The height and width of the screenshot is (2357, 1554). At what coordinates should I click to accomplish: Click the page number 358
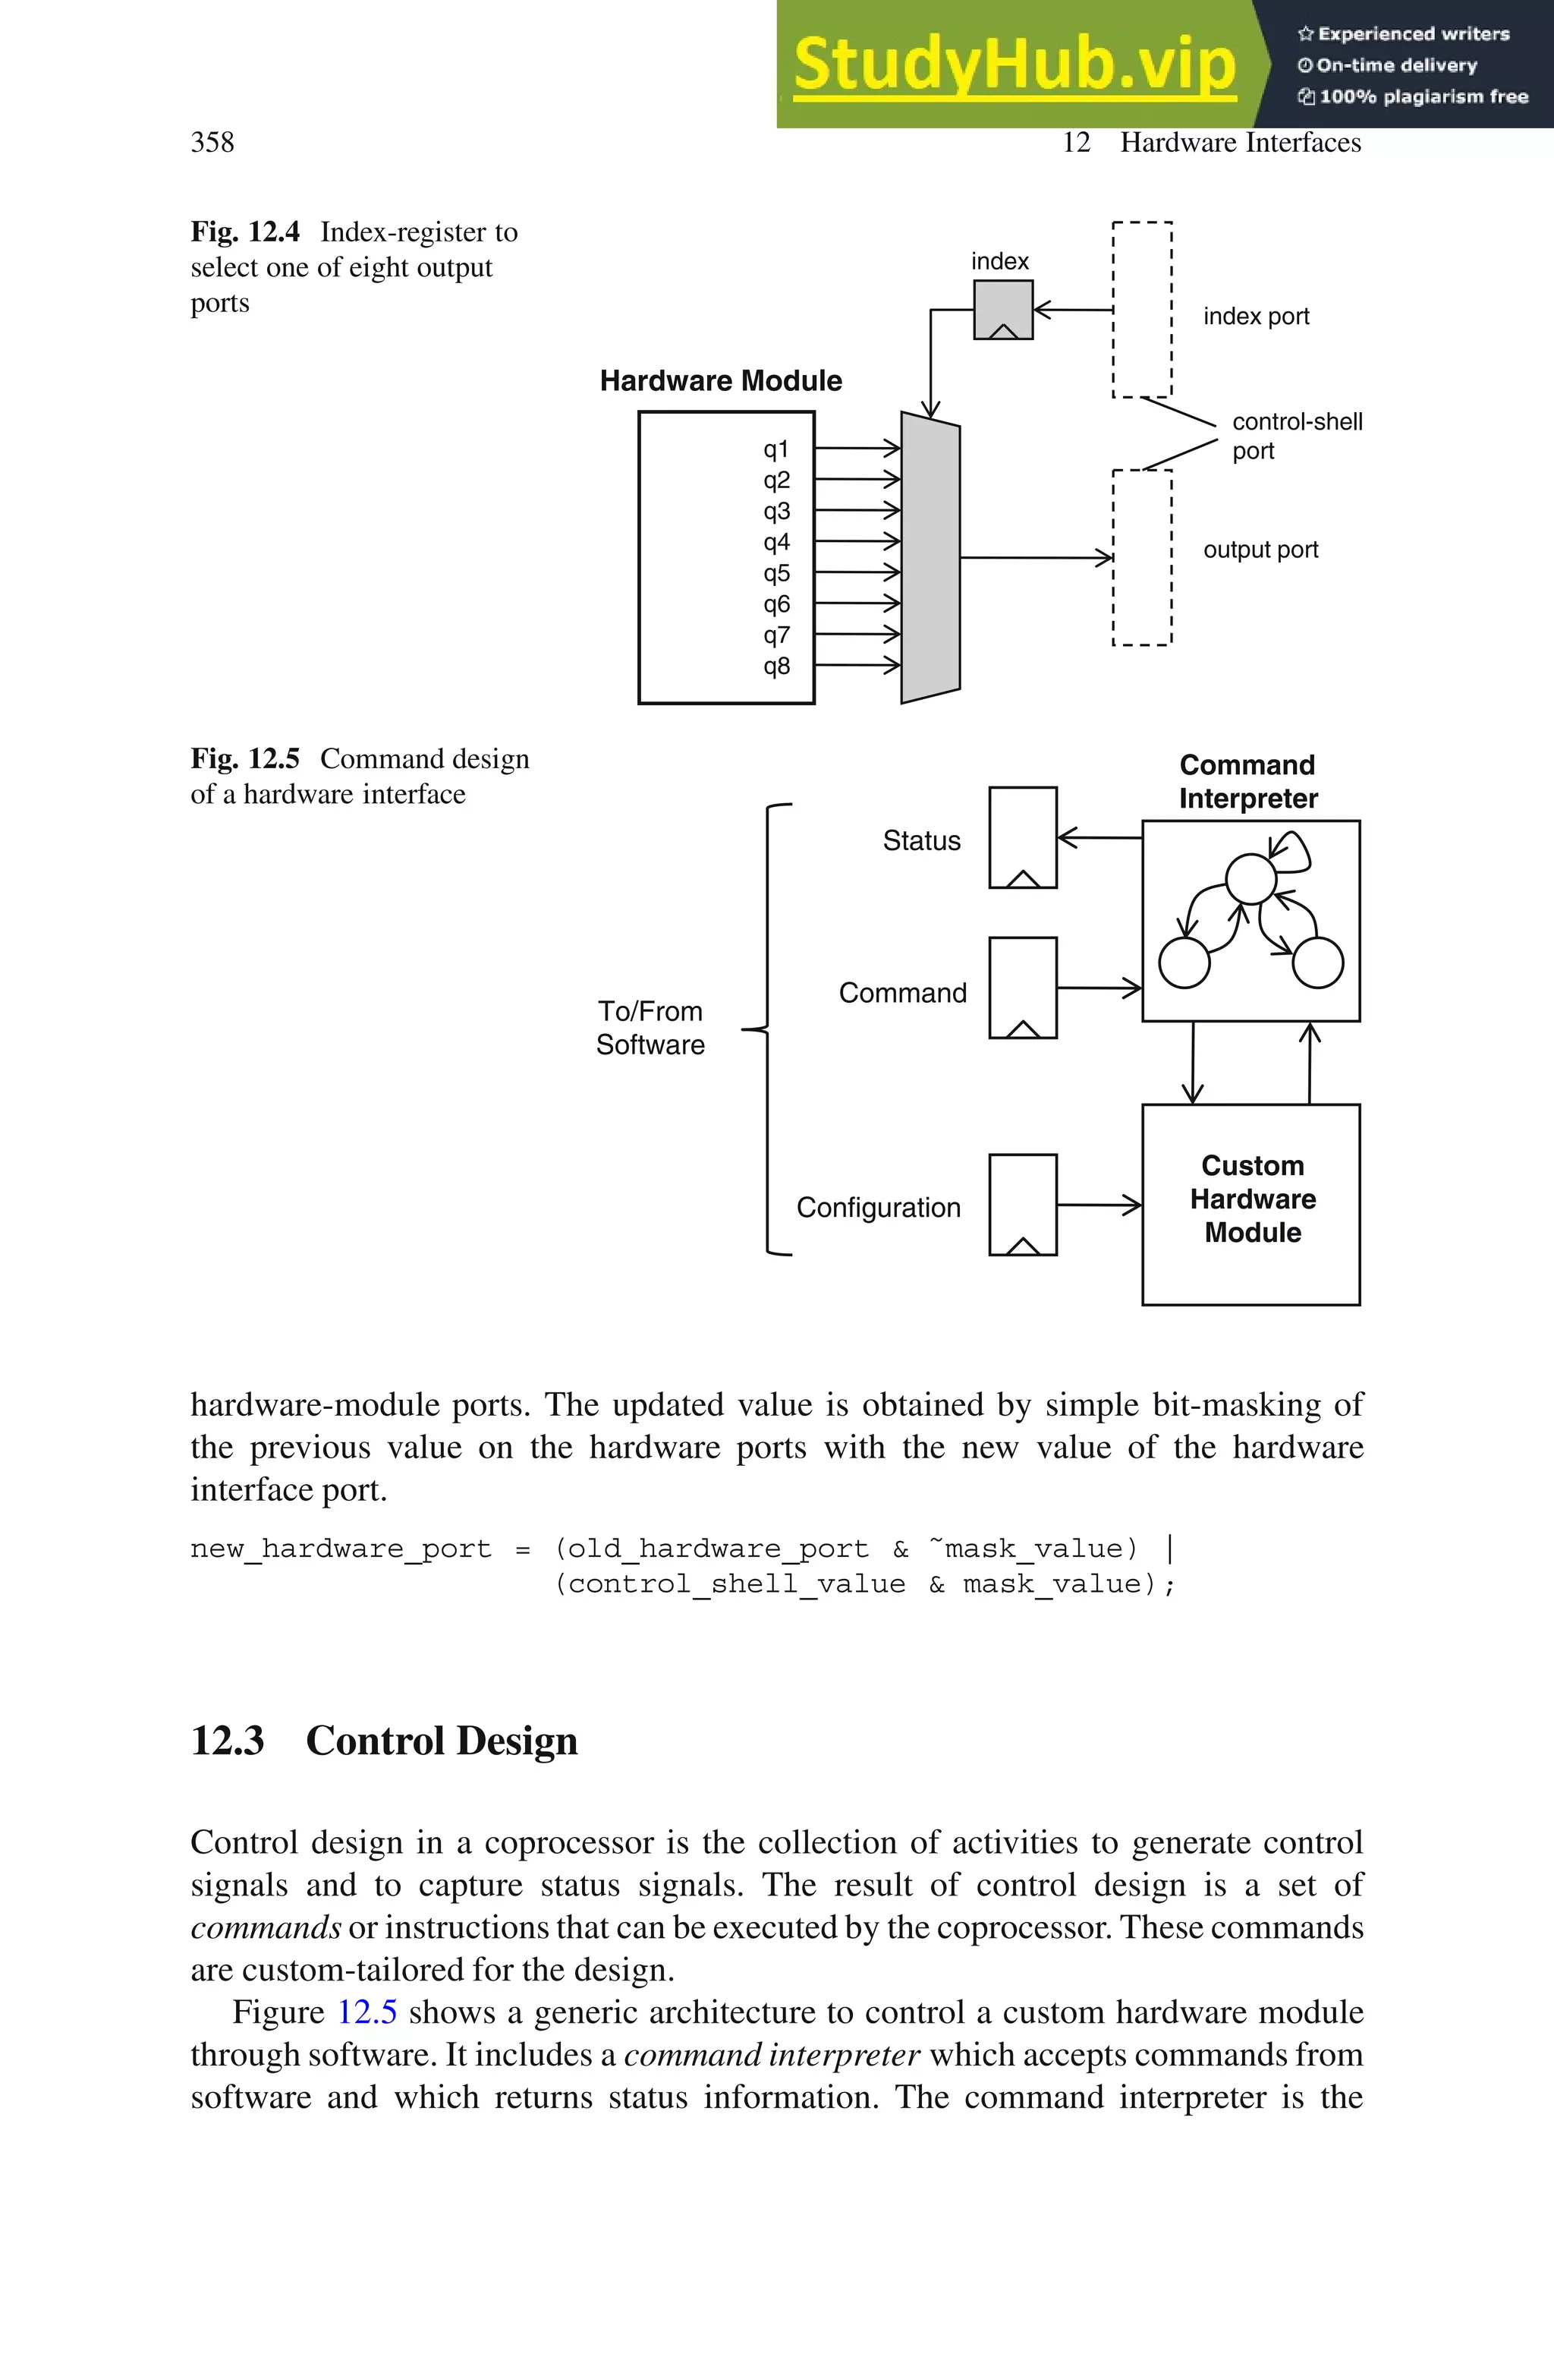click(x=212, y=143)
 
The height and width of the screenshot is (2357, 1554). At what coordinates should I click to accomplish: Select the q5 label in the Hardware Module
click(x=776, y=574)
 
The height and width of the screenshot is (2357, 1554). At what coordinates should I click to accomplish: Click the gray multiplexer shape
click(x=930, y=558)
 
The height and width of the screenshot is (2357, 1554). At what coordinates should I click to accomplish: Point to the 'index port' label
click(x=1256, y=317)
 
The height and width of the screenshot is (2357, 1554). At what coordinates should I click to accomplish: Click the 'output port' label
click(x=1260, y=550)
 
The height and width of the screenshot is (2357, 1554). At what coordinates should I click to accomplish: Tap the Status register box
click(x=1023, y=837)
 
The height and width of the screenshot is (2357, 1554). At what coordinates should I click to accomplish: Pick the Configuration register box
click(x=1023, y=1204)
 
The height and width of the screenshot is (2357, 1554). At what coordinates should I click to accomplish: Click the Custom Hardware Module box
click(x=1250, y=1204)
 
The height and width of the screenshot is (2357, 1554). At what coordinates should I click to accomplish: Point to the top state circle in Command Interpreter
click(x=1250, y=878)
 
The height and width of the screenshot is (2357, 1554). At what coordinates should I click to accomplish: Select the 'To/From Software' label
click(x=650, y=1028)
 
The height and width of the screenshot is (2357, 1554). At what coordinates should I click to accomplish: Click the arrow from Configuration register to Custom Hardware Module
click(x=1099, y=1205)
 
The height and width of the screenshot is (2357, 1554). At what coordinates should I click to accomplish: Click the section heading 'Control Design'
click(x=441, y=1741)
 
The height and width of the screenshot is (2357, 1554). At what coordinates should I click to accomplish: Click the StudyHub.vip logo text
click(x=1014, y=65)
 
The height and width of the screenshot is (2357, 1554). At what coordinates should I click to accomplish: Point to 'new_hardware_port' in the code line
click(x=340, y=1549)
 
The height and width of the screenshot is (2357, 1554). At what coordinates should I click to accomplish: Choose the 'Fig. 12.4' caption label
click(x=245, y=232)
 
